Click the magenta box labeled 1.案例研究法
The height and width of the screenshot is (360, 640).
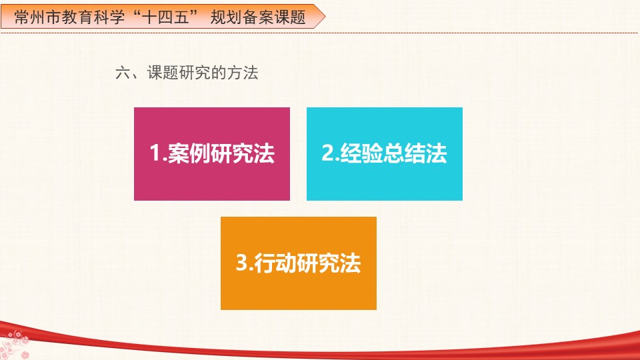[x=212, y=154]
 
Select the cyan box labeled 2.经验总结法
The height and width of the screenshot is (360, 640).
[x=385, y=154]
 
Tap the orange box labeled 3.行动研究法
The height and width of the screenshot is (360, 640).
[x=299, y=263]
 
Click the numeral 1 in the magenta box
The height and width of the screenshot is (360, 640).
[x=155, y=153]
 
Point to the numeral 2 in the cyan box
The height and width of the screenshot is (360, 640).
[x=328, y=153]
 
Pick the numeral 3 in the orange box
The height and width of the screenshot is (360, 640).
[x=242, y=263]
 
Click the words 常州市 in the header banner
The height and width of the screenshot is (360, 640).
[x=37, y=17]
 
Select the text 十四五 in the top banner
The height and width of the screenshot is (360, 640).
[x=165, y=17]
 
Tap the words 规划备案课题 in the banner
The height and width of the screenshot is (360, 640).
[x=258, y=17]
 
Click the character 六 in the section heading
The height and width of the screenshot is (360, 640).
[x=123, y=73]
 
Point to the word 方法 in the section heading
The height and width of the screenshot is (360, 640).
[x=243, y=73]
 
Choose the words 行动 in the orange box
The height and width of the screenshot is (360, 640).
[x=275, y=263]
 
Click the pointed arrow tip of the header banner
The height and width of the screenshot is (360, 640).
[x=325, y=16]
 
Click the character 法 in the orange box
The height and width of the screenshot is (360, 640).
[x=351, y=263]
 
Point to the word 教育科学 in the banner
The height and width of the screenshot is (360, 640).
[x=93, y=17]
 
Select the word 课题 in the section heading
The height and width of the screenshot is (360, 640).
[x=163, y=73]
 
